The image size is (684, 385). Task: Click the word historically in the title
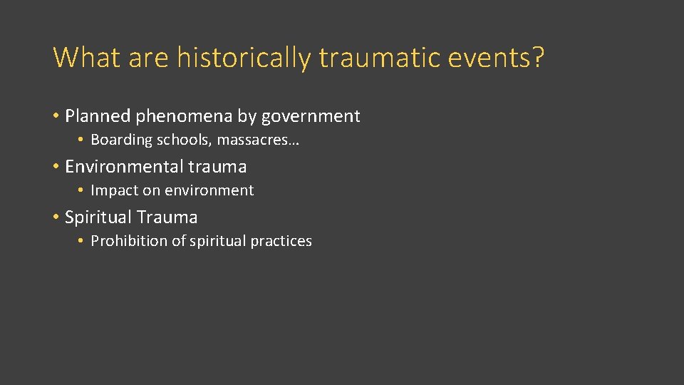[x=243, y=57]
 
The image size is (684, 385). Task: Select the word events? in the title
[x=496, y=57]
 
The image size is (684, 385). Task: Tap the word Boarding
[x=122, y=140]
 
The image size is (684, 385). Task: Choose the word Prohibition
[x=129, y=242]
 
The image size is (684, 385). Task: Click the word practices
[x=281, y=242]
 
